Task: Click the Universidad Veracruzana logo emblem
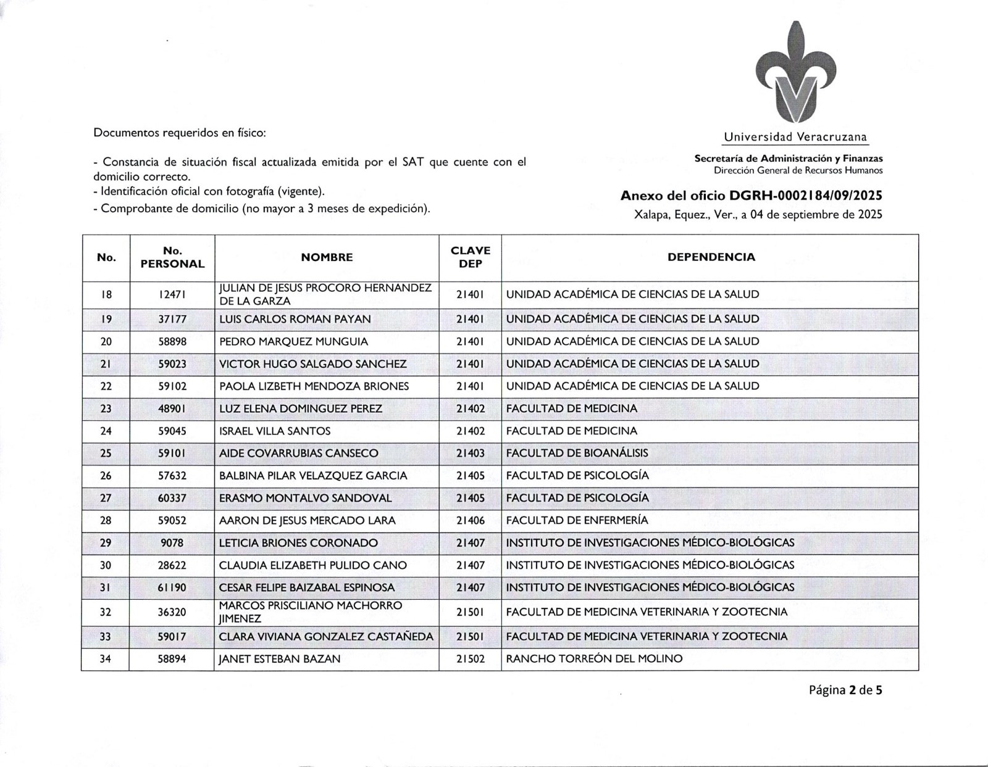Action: [796, 74]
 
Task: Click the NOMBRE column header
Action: [327, 257]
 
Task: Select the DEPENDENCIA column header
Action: [711, 257]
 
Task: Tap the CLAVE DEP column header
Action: [471, 257]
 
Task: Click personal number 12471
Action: [172, 295]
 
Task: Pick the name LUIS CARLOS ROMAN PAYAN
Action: [295, 319]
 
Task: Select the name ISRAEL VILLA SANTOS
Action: [275, 431]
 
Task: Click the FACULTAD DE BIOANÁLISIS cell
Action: [577, 453]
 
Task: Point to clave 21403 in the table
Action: [471, 453]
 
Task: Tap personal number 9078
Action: [172, 543]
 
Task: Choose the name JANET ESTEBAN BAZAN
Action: [280, 659]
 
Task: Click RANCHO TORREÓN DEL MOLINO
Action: [594, 659]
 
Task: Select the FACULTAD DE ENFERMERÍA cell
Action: [577, 520]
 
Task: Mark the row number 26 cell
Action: [106, 476]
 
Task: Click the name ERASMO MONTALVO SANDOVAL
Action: [305, 498]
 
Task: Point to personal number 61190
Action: [172, 587]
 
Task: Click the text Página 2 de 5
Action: [845, 690]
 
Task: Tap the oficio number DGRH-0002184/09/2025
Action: [805, 196]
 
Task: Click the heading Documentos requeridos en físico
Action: [180, 133]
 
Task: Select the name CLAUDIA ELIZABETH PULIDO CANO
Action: [312, 565]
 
